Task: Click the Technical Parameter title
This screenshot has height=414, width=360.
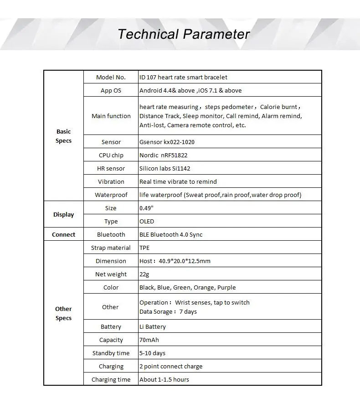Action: pos(184,34)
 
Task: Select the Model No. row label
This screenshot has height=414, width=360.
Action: pos(111,77)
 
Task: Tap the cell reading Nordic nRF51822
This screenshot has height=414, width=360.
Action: pos(163,155)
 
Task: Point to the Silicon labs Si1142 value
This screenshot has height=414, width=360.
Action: pos(165,168)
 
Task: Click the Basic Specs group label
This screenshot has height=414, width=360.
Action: pos(63,136)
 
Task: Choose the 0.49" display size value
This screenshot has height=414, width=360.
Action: pos(146,208)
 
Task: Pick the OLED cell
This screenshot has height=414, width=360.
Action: pos(147,221)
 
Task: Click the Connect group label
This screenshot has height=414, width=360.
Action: pos(63,234)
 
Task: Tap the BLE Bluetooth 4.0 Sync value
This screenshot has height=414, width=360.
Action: pos(171,234)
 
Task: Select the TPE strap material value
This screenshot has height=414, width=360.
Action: pos(144,248)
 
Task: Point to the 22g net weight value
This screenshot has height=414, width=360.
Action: pos(144,274)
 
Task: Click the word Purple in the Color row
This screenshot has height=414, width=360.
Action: pos(226,287)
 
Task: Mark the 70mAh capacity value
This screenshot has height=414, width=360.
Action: pos(149,340)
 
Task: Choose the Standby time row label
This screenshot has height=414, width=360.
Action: pos(111,353)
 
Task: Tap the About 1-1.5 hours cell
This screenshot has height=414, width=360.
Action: pos(164,379)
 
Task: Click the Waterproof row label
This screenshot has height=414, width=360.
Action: pos(111,195)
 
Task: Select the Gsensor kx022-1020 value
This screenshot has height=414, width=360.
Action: pos(167,142)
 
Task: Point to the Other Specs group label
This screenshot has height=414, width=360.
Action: pos(63,313)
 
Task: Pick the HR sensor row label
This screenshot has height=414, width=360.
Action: pos(111,168)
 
